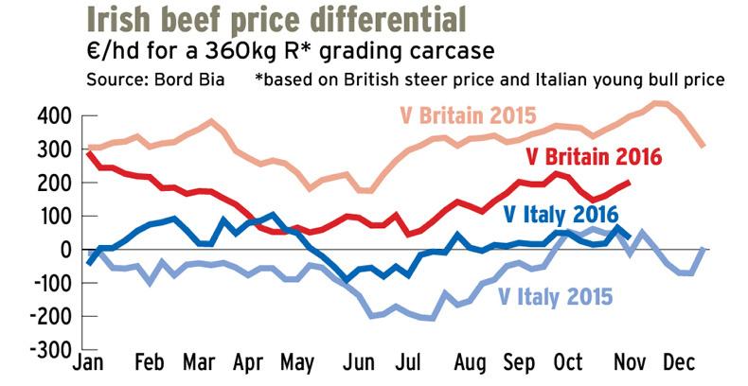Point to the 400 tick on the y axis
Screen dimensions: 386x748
[54, 115]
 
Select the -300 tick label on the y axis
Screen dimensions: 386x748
[50, 349]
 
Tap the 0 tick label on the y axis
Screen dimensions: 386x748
[65, 249]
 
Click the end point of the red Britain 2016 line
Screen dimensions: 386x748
[629, 183]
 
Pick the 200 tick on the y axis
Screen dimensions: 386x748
[54, 183]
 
